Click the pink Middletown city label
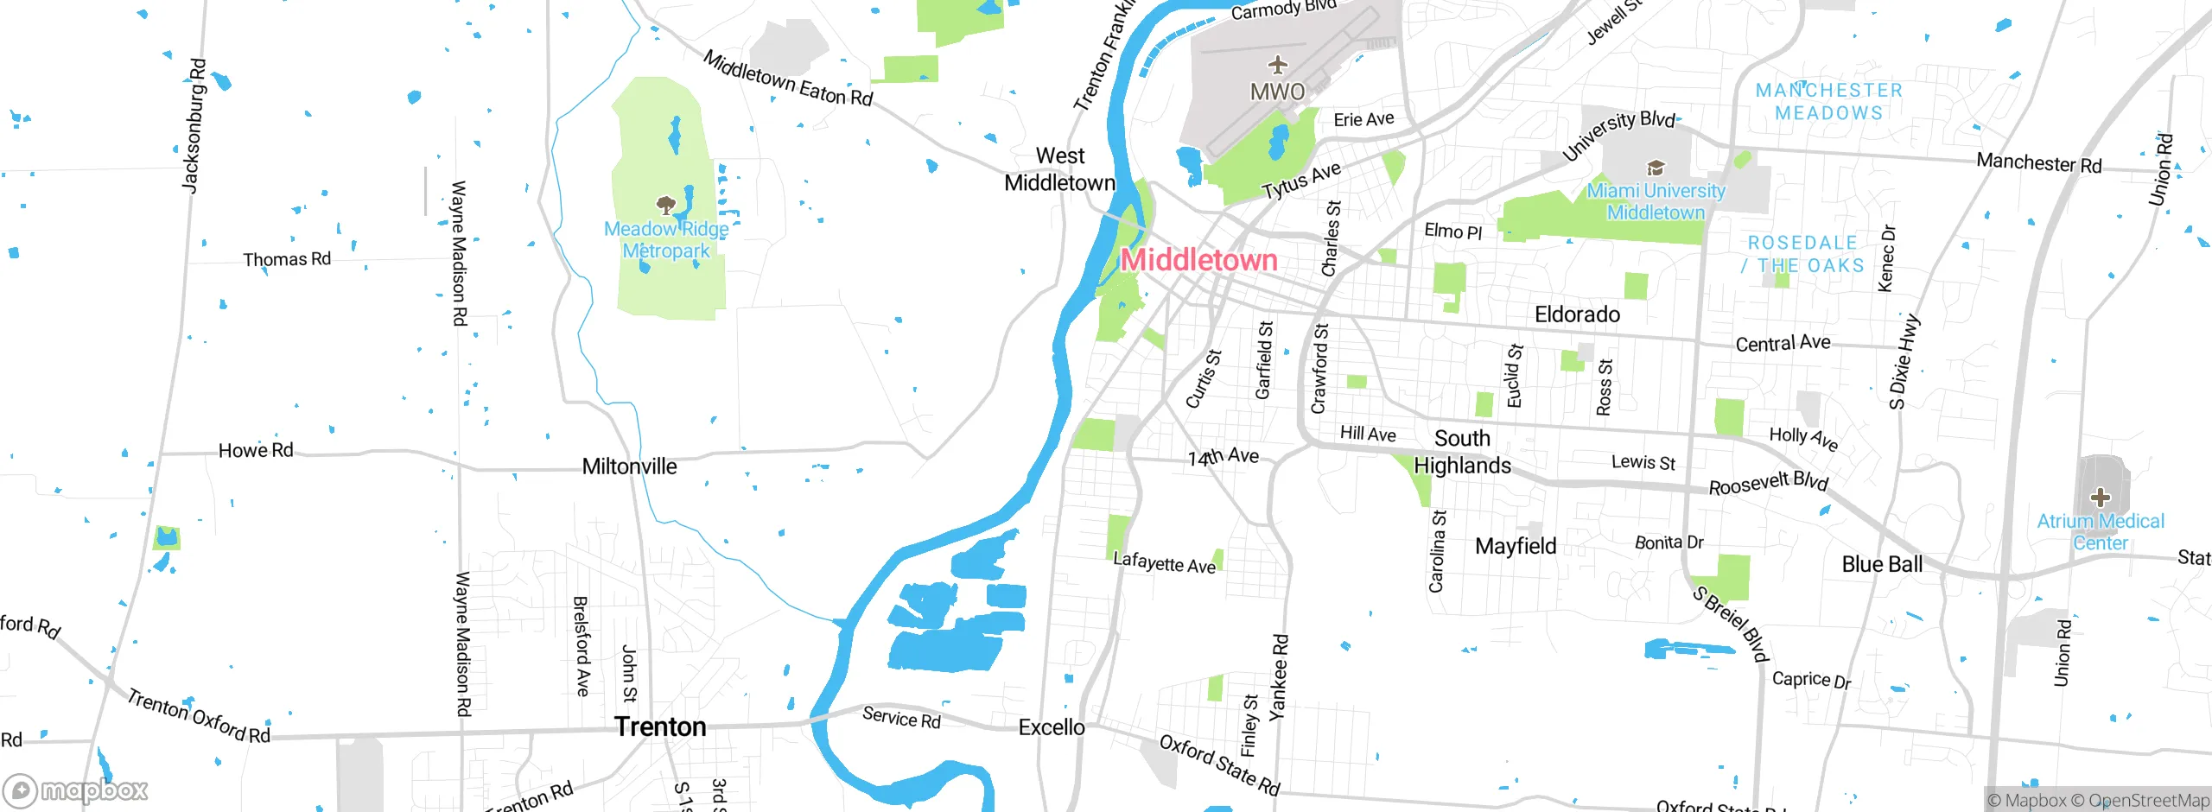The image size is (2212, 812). (x=1198, y=260)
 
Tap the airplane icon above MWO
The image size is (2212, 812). (x=1277, y=65)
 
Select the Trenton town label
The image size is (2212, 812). (x=660, y=726)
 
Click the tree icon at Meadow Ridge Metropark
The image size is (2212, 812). (x=665, y=206)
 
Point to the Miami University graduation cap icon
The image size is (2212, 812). (x=1655, y=168)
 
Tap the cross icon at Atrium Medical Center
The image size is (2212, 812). (x=2100, y=498)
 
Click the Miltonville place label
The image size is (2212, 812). (x=629, y=466)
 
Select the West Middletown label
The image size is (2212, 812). (x=1059, y=169)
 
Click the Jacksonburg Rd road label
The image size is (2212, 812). (x=194, y=125)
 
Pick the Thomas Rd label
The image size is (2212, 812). (x=287, y=259)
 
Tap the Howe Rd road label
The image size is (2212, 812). (x=256, y=450)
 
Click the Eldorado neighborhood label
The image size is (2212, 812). (x=1577, y=314)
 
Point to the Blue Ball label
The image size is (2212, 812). (x=1882, y=564)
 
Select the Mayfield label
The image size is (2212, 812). (x=1516, y=546)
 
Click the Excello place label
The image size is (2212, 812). (x=1052, y=727)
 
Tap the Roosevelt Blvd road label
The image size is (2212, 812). (x=1768, y=484)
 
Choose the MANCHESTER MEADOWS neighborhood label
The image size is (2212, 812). (x=1828, y=102)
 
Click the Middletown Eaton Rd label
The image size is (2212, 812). (x=787, y=79)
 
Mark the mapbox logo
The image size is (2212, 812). (x=76, y=790)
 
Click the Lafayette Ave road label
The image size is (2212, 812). (x=1164, y=563)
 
